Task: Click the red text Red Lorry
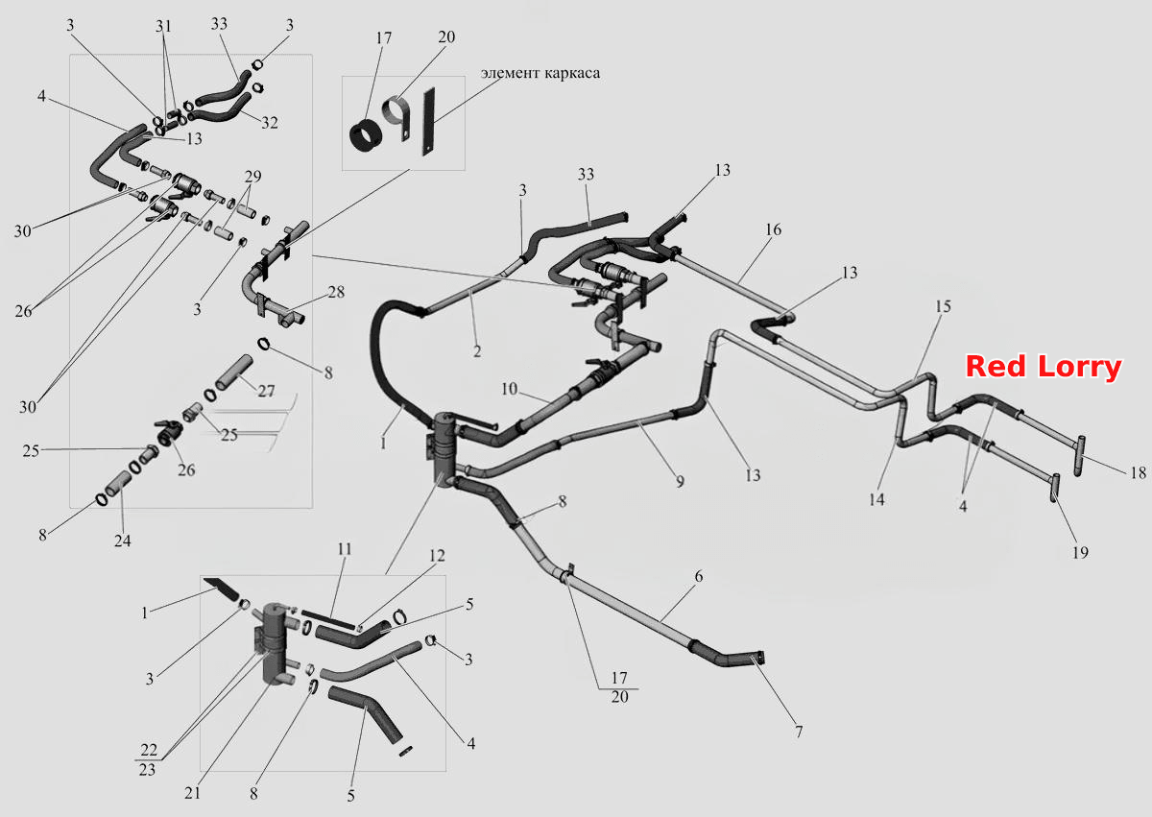pos(1044,367)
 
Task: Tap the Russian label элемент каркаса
pos(540,73)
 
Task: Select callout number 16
pos(773,229)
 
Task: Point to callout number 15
pos(943,306)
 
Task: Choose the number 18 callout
pos(1139,472)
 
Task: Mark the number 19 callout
pos(1080,552)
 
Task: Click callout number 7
pos(799,732)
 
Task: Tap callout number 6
pos(699,576)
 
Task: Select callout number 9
pos(680,481)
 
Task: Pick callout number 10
pos(509,389)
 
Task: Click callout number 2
pos(477,351)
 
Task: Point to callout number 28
pos(336,292)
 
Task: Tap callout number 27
pos(266,392)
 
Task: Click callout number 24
pos(123,541)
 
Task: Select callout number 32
pos(270,122)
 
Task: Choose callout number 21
pos(192,793)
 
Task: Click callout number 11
pos(345,549)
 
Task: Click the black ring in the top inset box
pos(365,136)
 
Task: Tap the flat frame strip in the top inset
pos(428,121)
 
